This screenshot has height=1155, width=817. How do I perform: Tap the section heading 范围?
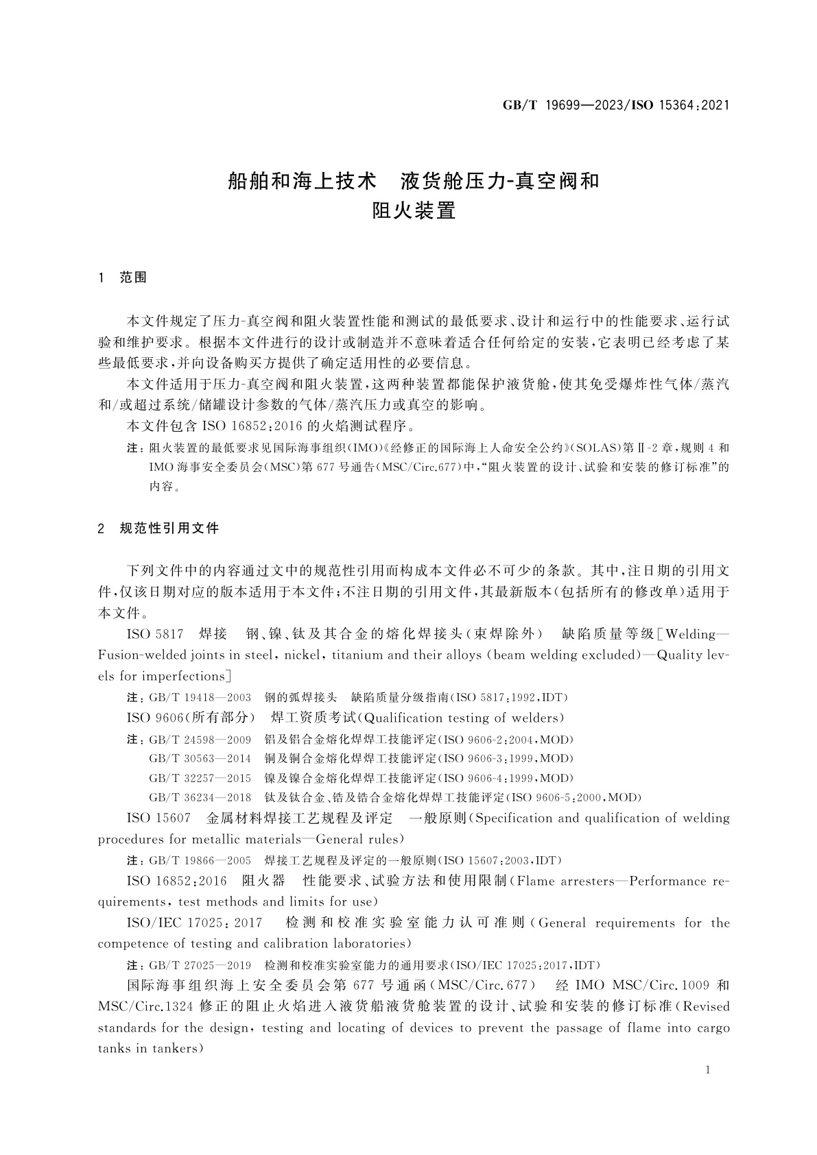(x=133, y=278)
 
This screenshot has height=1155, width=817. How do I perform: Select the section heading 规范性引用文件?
(x=169, y=528)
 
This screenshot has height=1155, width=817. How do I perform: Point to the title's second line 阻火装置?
(x=414, y=210)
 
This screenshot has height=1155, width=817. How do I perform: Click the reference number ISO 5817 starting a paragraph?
(x=154, y=633)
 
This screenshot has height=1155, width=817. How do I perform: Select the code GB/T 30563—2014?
(x=200, y=759)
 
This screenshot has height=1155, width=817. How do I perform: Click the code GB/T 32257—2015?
(x=200, y=778)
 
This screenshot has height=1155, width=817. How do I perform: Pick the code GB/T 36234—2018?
(x=200, y=797)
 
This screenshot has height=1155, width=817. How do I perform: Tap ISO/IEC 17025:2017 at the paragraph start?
(x=195, y=923)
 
